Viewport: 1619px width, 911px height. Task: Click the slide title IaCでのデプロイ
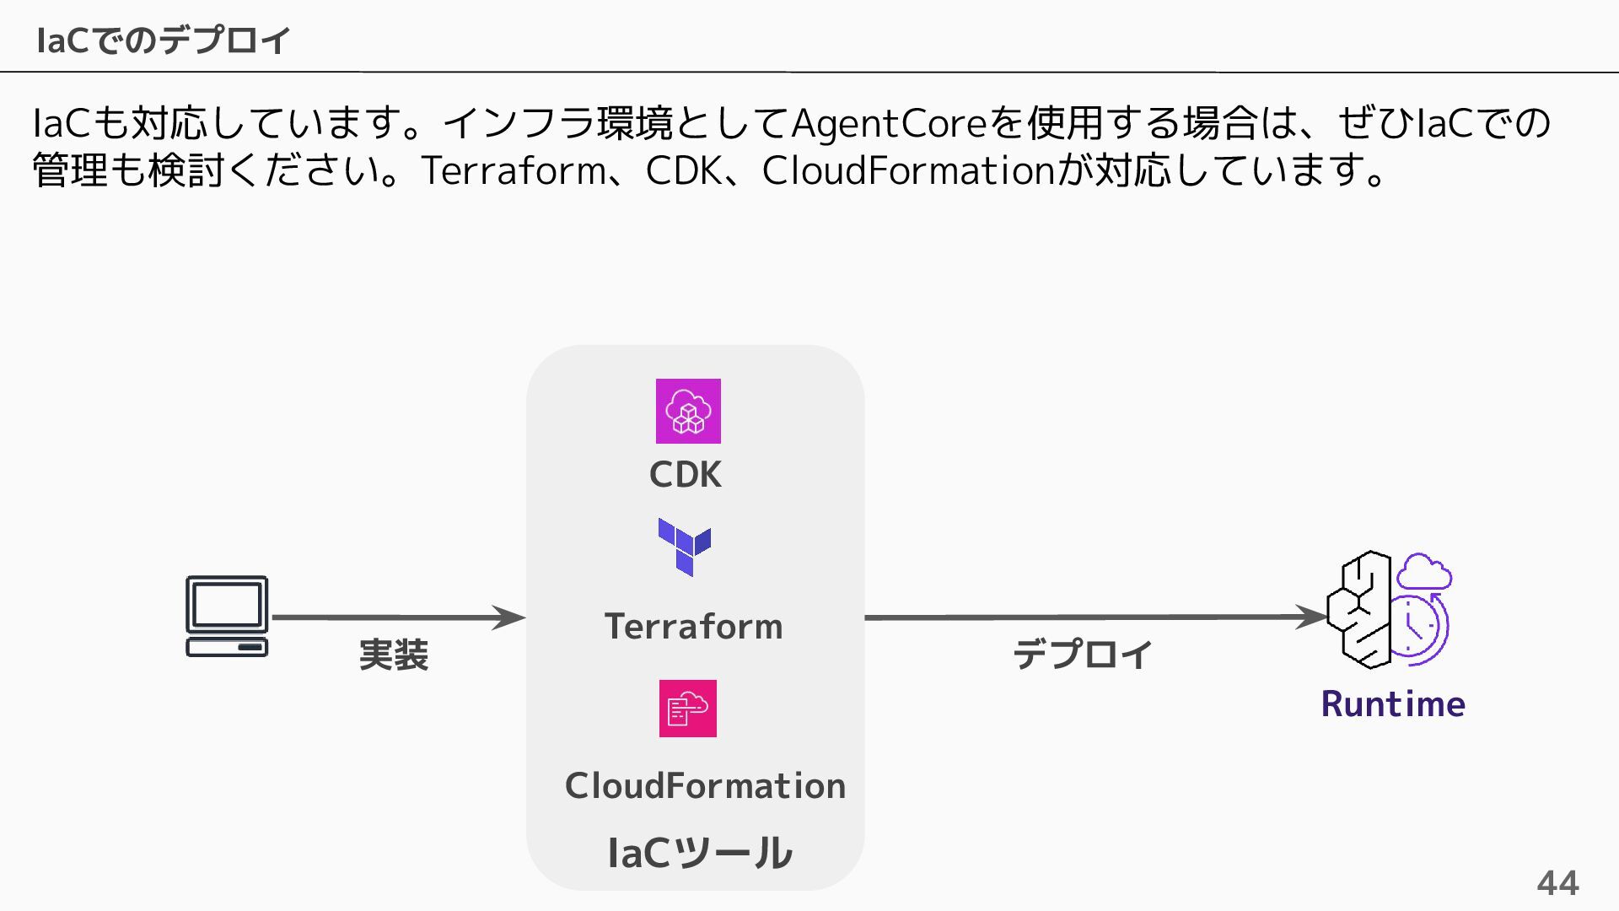(x=164, y=40)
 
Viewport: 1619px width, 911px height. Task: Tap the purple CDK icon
(x=688, y=411)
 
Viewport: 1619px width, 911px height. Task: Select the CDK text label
(x=685, y=475)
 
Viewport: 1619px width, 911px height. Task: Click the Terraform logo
(x=685, y=547)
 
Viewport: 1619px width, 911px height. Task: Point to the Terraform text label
(x=693, y=627)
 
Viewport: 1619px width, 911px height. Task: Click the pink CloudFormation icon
(x=687, y=709)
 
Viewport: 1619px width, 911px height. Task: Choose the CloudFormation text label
(x=705, y=786)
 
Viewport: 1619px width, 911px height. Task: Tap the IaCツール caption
(x=699, y=853)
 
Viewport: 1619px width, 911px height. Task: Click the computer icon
(x=227, y=616)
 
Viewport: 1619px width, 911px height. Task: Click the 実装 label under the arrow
(x=394, y=655)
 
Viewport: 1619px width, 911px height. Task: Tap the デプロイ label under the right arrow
(x=1083, y=655)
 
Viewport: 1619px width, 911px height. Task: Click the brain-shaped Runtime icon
(x=1359, y=609)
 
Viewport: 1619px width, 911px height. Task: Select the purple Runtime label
(x=1393, y=703)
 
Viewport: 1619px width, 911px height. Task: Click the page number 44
(x=1557, y=883)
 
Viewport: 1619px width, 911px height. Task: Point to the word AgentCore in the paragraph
(x=889, y=123)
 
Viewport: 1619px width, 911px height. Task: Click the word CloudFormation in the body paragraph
(x=908, y=170)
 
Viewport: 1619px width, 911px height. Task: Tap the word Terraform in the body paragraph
(x=513, y=170)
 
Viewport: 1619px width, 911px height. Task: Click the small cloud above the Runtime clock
(x=1424, y=572)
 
